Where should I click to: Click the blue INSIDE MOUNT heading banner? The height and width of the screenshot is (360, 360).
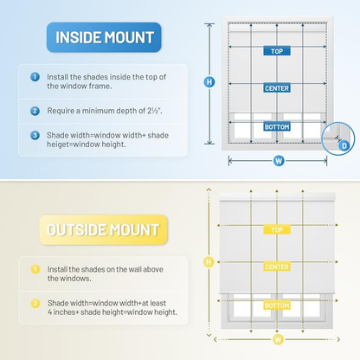(x=104, y=37)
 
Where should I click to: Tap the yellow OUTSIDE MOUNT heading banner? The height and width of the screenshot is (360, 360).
(x=103, y=230)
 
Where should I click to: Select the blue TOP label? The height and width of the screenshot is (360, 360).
(x=277, y=51)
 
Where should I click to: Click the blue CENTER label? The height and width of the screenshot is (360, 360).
(x=277, y=88)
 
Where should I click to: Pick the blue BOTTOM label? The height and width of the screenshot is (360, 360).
(x=277, y=126)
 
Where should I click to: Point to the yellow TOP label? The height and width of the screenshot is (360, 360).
(x=277, y=230)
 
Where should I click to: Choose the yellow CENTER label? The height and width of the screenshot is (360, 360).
(x=277, y=267)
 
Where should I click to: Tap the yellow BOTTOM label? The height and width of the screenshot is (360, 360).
(x=277, y=305)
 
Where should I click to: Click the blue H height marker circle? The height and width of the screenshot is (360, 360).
(x=209, y=82)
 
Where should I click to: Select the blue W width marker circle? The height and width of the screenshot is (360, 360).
(x=279, y=161)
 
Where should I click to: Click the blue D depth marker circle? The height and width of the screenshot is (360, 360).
(x=344, y=145)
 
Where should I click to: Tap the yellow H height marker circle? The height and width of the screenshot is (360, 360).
(x=209, y=262)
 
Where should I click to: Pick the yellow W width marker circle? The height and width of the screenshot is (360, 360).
(x=278, y=339)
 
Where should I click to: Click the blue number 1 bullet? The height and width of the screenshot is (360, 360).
(x=35, y=77)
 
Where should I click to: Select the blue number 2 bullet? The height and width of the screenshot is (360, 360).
(x=35, y=111)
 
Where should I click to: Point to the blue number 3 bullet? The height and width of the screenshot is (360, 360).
(x=35, y=135)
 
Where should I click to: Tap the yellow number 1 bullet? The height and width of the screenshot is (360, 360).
(x=35, y=269)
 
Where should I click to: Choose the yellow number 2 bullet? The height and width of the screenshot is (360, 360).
(x=35, y=303)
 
